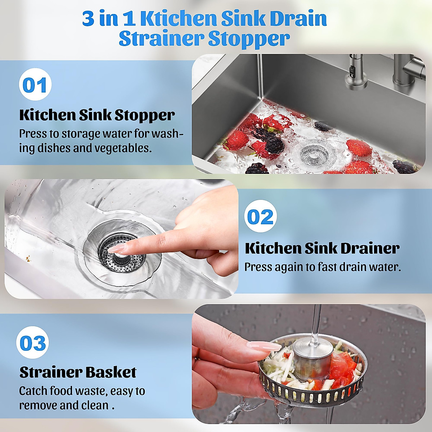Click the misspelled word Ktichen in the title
tap(178, 19)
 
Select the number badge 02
tap(260, 217)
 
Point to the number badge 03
tap(33, 343)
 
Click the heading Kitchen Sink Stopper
tap(97, 115)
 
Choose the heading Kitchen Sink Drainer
tap(322, 248)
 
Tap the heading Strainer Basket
tap(78, 372)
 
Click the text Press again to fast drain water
tap(322, 267)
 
